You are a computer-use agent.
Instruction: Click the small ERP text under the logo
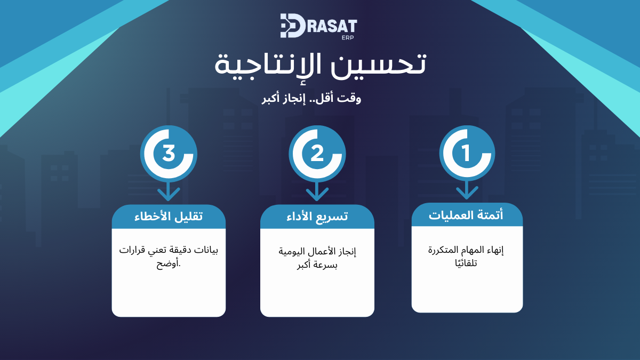pos(348,37)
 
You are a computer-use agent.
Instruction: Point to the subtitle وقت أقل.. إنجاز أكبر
pos(311,99)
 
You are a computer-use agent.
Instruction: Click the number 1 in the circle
pos(466,153)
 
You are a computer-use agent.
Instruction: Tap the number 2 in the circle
pos(317,154)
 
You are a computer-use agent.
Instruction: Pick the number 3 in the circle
pos(169,153)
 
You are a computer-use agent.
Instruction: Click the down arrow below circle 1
pos(467,190)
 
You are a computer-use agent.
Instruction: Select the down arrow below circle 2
pos(317,191)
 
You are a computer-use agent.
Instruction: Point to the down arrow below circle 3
pos(169,191)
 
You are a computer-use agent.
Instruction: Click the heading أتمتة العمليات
pos(466,215)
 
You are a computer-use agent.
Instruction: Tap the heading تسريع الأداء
pos(317,217)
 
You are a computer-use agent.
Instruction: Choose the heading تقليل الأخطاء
pos(169,217)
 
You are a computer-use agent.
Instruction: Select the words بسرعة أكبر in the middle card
pos(317,266)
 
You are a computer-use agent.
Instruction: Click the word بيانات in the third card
pos(207,250)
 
